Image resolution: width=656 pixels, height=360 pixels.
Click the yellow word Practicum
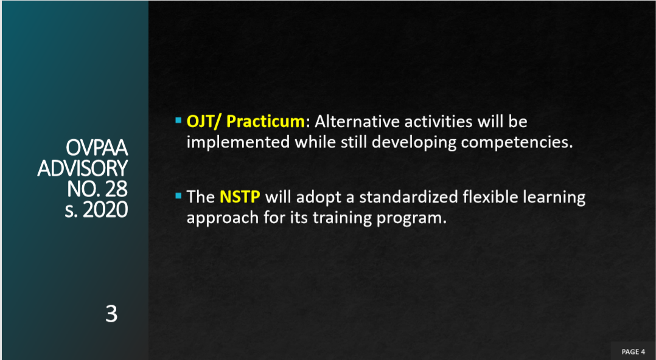(x=266, y=122)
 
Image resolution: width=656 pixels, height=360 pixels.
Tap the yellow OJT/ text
(x=204, y=122)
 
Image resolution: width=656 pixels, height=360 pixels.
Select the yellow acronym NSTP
(x=240, y=196)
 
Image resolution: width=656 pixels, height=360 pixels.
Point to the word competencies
(x=517, y=143)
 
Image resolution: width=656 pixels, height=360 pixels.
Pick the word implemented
(x=238, y=142)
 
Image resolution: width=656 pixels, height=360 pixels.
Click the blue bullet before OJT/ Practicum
(x=179, y=120)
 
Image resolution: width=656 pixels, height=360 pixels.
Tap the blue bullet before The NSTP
(x=179, y=195)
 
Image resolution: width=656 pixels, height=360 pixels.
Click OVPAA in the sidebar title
(x=97, y=148)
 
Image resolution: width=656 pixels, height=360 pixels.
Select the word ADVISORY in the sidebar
(x=82, y=168)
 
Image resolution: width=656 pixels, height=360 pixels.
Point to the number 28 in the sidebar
(x=115, y=189)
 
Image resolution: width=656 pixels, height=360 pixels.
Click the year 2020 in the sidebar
(x=105, y=209)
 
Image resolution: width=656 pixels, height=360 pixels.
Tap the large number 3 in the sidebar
(x=111, y=314)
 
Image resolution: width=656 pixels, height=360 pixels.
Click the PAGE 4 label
(x=633, y=351)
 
